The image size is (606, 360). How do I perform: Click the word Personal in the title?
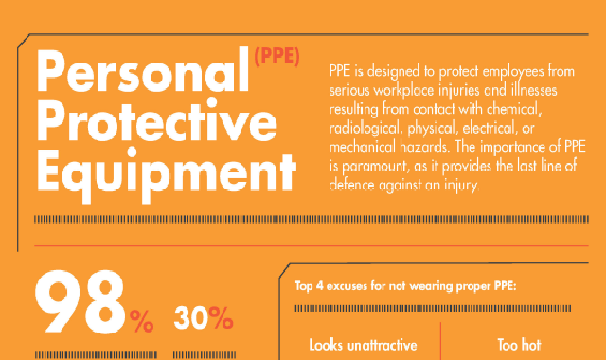143,71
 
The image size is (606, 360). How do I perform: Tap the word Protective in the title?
157,120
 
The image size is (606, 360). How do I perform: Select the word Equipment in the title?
167,174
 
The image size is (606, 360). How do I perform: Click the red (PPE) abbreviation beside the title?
276,57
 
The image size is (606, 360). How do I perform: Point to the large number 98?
80,302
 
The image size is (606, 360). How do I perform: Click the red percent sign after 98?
141,321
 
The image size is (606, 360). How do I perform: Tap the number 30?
191,318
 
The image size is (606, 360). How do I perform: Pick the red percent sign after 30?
221,318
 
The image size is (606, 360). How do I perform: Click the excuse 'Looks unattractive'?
363,345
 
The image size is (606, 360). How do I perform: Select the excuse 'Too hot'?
519,345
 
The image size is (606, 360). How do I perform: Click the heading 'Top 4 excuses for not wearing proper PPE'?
406,286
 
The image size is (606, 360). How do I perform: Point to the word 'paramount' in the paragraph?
375,167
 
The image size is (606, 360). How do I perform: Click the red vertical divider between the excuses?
440,341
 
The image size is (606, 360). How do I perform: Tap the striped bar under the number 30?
205,355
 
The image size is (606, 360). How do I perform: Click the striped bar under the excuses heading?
433,308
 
